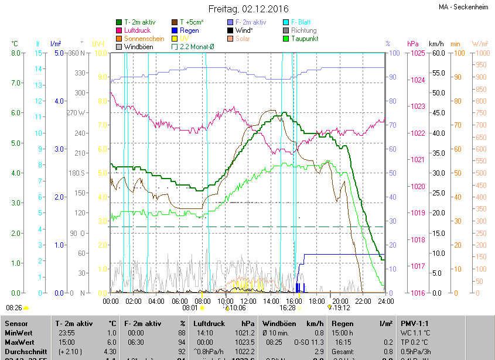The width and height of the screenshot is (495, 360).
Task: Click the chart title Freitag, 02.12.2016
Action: (248, 9)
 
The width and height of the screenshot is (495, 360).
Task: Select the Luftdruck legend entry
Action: (138, 30)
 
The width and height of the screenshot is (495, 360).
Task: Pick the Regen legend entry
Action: (189, 30)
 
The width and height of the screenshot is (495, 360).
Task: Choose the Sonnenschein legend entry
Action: (144, 39)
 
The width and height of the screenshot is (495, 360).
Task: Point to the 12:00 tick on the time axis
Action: (248, 301)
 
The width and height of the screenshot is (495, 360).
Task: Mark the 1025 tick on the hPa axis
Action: (418, 53)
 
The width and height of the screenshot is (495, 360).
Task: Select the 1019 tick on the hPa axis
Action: (418, 213)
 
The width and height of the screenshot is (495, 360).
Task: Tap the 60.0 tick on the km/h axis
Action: (438, 53)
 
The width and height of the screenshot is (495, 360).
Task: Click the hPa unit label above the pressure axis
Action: (413, 44)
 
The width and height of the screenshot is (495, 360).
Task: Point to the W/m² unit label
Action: (480, 44)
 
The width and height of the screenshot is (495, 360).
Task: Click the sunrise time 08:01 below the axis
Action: (190, 307)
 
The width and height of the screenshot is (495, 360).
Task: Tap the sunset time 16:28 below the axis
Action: (288, 307)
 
